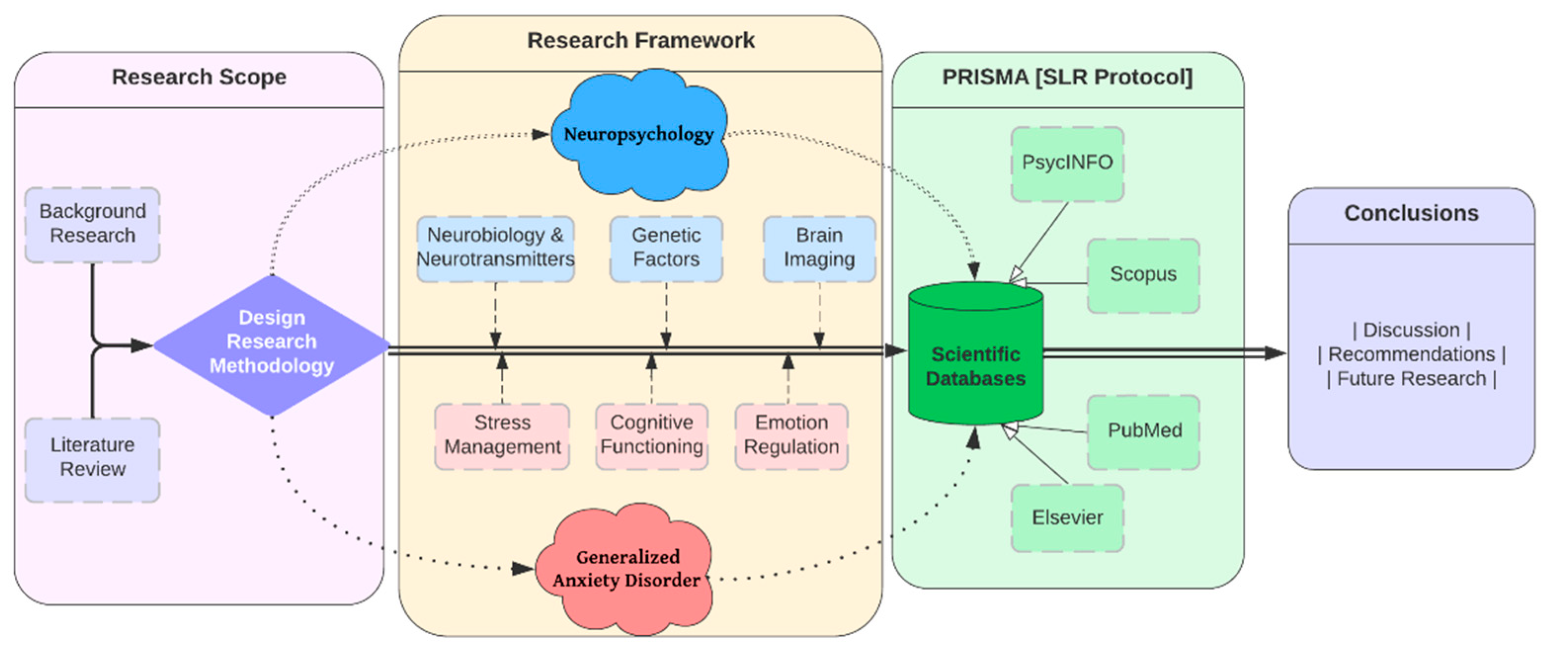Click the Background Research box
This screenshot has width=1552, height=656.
pos(92,224)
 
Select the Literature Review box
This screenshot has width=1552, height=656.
pos(92,458)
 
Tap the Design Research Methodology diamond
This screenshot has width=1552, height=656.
pos(272,343)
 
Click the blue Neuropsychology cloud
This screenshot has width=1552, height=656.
pos(639,135)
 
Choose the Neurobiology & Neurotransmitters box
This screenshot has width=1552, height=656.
pos(495,248)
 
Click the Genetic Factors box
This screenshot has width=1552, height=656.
pos(666,248)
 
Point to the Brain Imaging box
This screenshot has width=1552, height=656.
pos(819,248)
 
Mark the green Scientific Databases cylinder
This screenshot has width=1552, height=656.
pos(976,362)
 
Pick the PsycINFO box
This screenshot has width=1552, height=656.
pos(1067,163)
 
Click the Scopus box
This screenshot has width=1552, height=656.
pos(1143,275)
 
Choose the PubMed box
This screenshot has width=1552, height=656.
pos(1144,431)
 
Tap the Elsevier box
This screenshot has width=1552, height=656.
pos(1067,518)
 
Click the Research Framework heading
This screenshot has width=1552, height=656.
pos(641,41)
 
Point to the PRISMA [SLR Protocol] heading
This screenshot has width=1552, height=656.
pos(1067,78)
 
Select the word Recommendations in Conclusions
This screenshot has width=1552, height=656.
pos(1411,355)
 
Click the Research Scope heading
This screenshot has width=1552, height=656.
pos(199,78)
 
